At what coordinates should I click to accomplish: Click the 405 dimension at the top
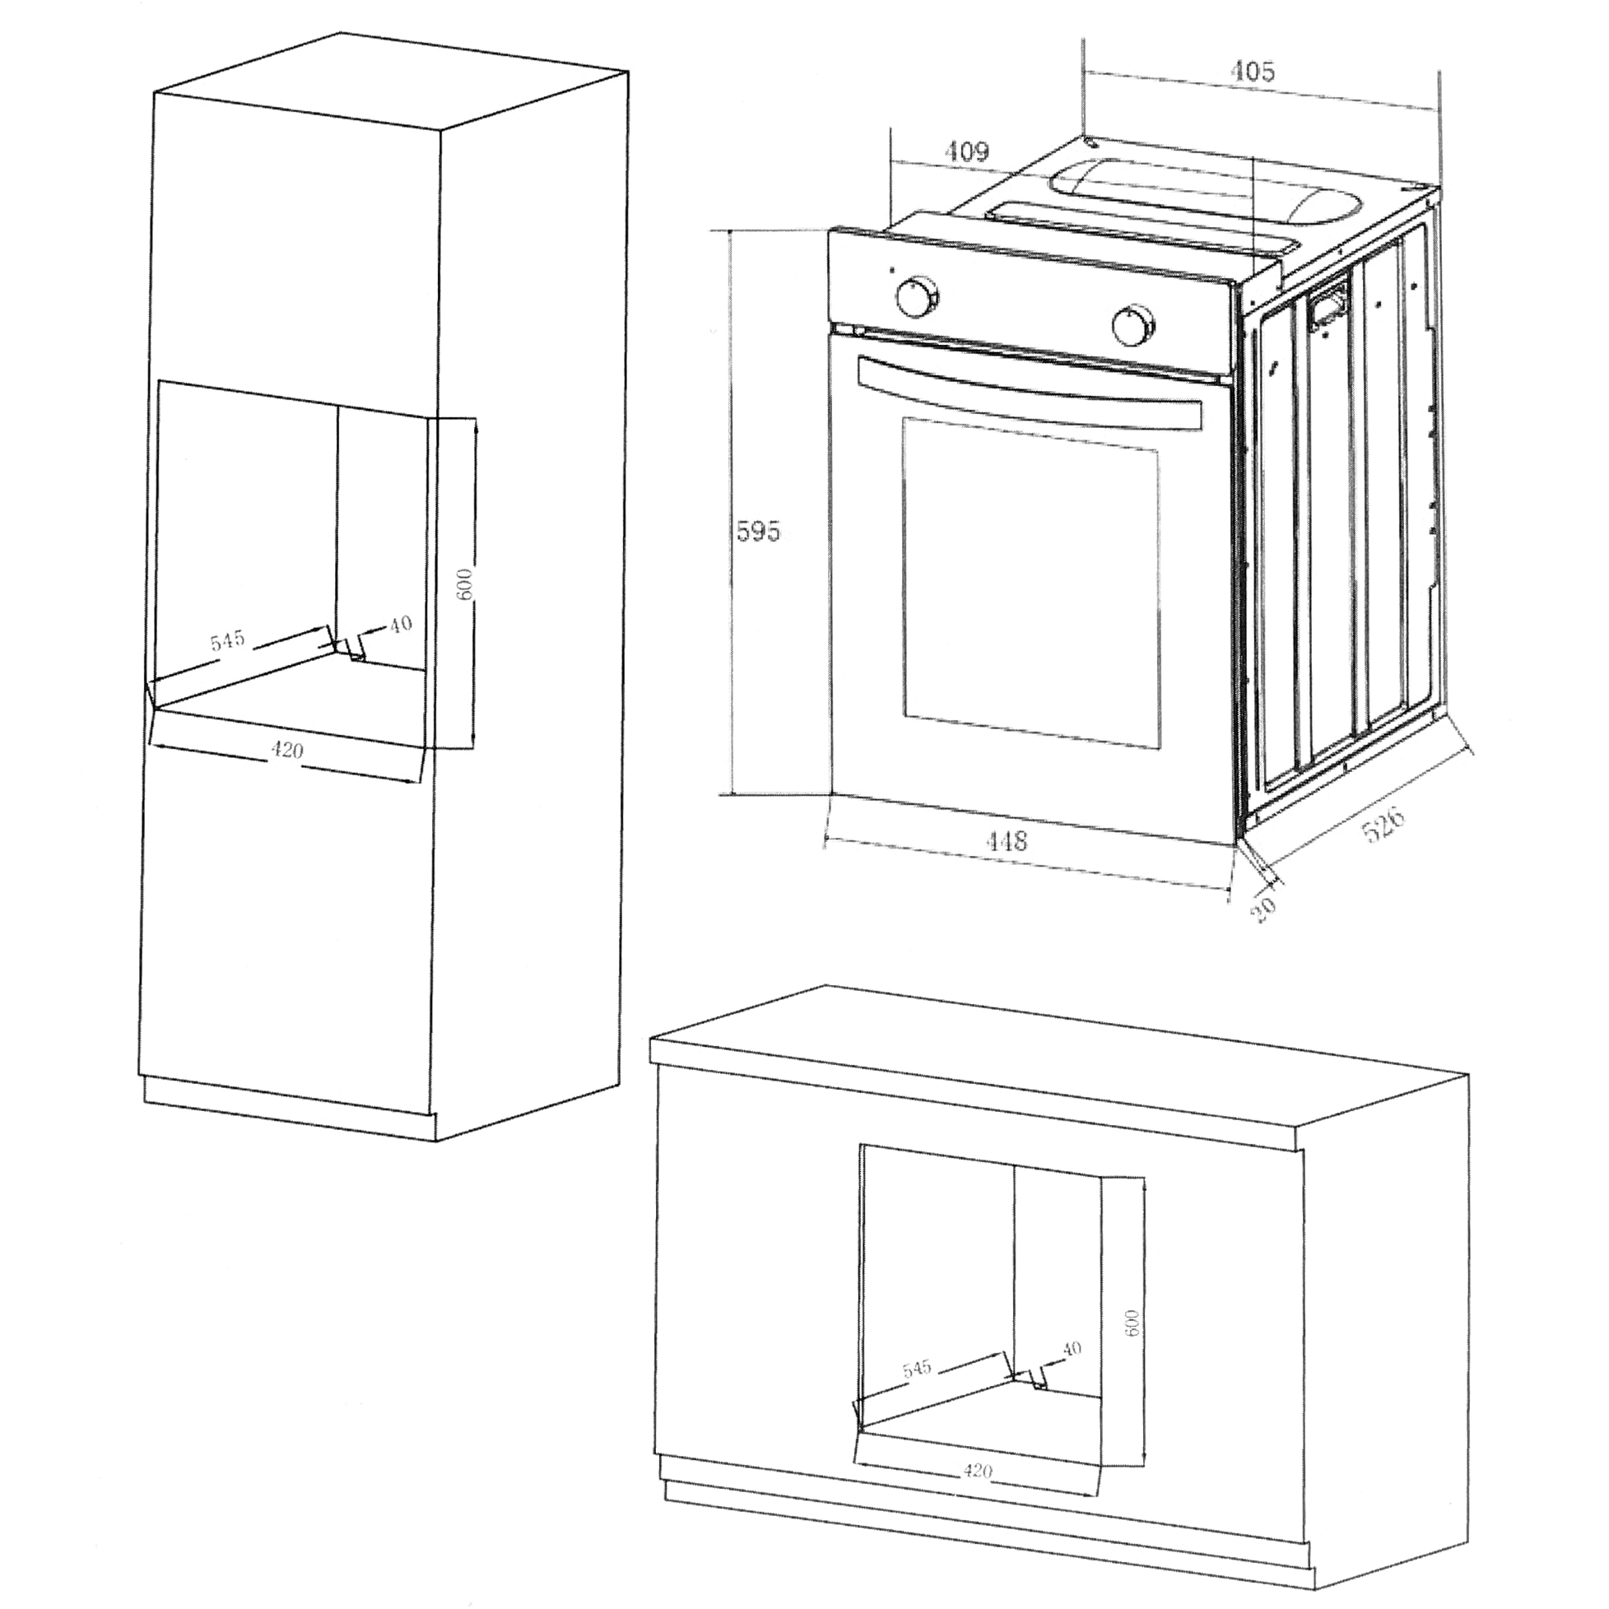coord(1252,72)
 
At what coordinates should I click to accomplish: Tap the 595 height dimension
coord(759,531)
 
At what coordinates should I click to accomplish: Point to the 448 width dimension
coord(1006,840)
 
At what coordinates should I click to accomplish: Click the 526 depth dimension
coord(1382,824)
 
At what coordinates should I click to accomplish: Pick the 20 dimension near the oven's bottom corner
coord(1263,909)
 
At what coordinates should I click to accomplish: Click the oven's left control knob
coord(917,298)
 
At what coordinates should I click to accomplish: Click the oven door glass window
coord(1030,580)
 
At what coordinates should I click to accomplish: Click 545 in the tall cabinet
coord(227,640)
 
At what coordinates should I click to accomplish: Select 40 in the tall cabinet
coord(401,624)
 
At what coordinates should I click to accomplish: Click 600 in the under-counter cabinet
coord(1130,1322)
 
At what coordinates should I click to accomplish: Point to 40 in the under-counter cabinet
coord(1072,1349)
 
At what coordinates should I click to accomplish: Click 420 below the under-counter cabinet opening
coord(977,1472)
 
